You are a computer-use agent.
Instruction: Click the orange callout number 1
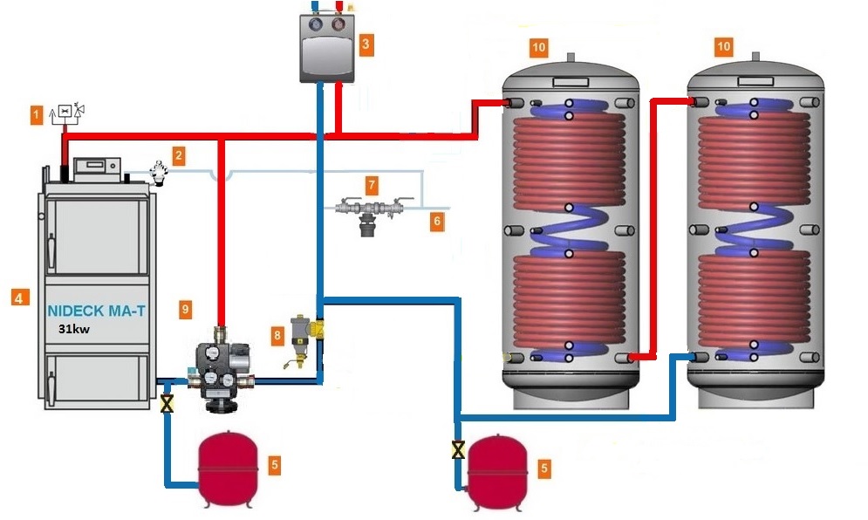point(37,113)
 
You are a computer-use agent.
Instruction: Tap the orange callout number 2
point(178,156)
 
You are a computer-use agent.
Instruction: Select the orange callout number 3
point(366,42)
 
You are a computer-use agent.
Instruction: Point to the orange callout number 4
point(18,298)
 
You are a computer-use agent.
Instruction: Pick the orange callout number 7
point(372,185)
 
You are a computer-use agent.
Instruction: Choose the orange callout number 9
point(184,309)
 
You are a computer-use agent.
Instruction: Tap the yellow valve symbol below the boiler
point(167,403)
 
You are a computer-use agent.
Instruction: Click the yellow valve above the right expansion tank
point(457,450)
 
